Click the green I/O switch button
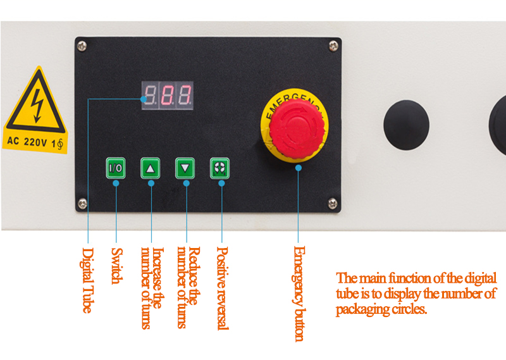[116, 169]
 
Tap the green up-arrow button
[150, 169]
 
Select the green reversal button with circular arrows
[219, 169]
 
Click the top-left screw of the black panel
[82, 45]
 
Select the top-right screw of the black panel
[333, 45]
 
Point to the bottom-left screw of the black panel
[82, 202]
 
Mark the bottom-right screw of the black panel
[332, 202]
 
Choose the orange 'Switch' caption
[116, 266]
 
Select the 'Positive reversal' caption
[222, 288]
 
